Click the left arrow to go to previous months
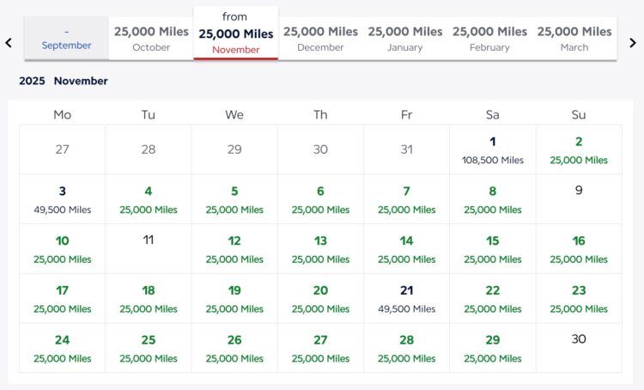point(9,42)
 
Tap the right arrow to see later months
point(633,42)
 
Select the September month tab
point(66,39)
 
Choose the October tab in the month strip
point(151,39)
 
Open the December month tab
point(320,39)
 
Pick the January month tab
point(405,39)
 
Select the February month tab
point(489,39)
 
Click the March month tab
point(574,39)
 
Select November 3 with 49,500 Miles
point(63,199)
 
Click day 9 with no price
point(579,191)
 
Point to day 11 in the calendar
point(149,241)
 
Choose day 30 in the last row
point(579,339)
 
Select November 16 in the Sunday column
point(579,249)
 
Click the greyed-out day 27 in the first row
point(63,149)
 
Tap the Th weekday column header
point(320,114)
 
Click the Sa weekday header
point(492,114)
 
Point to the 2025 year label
point(32,81)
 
